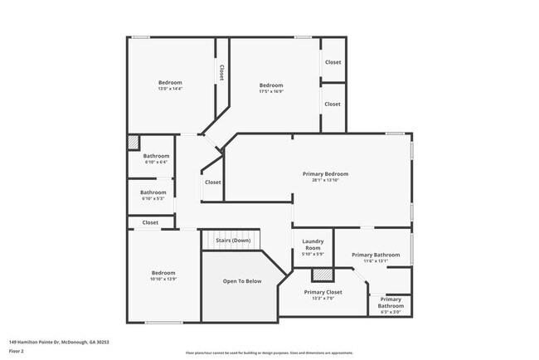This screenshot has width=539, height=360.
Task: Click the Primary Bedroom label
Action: tap(325, 173)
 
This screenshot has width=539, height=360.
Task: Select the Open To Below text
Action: tap(242, 281)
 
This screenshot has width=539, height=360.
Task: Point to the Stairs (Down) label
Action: tap(232, 240)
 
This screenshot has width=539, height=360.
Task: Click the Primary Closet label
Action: tap(323, 292)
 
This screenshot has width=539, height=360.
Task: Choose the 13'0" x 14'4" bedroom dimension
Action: tap(170, 89)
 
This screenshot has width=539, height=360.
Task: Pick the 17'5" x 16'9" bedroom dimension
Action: tap(271, 92)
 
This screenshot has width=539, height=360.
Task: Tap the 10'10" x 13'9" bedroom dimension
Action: tap(163, 280)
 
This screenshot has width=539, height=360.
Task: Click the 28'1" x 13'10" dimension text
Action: tap(325, 180)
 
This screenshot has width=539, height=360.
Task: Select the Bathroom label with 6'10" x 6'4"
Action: tap(156, 156)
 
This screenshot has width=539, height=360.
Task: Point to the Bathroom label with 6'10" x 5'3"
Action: tap(153, 192)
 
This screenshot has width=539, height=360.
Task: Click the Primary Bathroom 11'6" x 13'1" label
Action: tap(376, 255)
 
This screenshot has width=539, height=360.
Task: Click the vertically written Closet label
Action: tap(221, 73)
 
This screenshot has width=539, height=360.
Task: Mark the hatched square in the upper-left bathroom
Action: tap(133, 143)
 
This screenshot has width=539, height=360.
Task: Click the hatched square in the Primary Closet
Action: tap(328, 275)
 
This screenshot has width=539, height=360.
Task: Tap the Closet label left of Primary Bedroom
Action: tap(213, 182)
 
